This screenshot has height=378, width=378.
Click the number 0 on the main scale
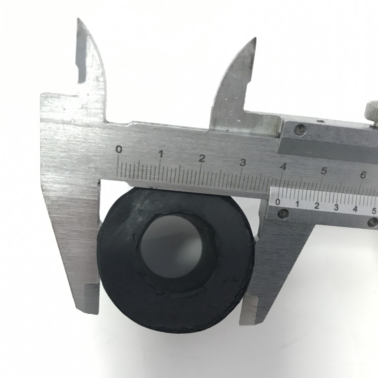(x=119, y=149)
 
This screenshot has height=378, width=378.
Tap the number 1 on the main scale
(x=161, y=154)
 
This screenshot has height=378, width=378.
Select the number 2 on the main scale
(x=202, y=158)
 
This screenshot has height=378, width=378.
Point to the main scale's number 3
(x=243, y=163)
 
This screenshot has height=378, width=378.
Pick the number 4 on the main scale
(x=283, y=167)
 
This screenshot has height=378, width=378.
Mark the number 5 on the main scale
(x=324, y=171)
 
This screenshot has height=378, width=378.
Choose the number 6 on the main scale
(x=363, y=175)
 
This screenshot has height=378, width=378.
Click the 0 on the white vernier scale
(x=278, y=202)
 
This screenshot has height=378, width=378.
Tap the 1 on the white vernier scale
(x=297, y=204)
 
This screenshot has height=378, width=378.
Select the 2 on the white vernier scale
(x=317, y=206)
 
